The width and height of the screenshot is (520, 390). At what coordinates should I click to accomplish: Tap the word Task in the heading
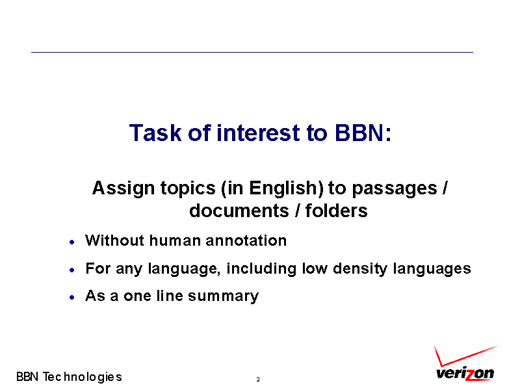[x=155, y=133]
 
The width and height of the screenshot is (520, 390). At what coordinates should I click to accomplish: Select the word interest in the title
[x=259, y=133]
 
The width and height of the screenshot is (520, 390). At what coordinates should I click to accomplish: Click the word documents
[x=240, y=211]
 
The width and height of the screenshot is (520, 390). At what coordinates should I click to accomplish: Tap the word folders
[x=336, y=211]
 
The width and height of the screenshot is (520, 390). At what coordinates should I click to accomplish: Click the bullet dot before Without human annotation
[x=72, y=242]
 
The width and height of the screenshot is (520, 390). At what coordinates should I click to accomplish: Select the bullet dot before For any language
[x=72, y=270]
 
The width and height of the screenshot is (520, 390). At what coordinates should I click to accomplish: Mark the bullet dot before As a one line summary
[x=72, y=298]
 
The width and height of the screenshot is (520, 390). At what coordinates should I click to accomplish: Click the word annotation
[x=246, y=240]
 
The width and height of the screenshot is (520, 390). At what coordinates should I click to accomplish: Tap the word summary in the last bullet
[x=223, y=296]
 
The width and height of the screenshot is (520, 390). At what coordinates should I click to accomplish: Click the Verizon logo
[x=465, y=363]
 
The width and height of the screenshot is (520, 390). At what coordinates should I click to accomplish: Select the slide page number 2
[x=258, y=380]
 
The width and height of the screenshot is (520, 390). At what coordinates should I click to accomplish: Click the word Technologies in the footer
[x=83, y=377]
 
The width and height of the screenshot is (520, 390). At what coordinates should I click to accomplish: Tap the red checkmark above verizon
[x=464, y=356]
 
